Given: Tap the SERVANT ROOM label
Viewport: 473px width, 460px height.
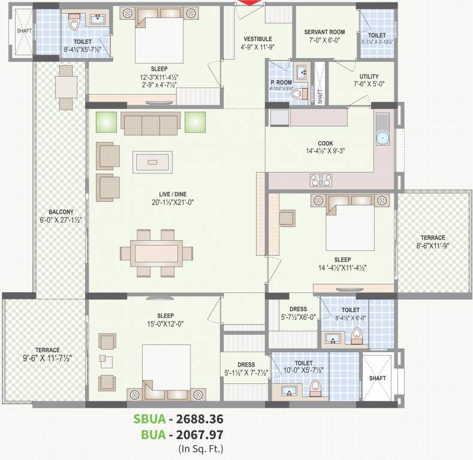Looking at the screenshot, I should click(324, 32).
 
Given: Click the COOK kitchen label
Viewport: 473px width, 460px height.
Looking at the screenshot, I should click(326, 144).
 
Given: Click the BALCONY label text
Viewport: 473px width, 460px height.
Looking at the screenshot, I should click(61, 212).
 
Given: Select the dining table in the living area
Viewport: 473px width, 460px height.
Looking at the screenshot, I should click(158, 252).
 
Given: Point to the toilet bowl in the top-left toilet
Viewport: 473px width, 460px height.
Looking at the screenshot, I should click(74, 24).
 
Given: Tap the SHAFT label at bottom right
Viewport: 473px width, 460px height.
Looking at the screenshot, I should click(377, 379).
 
